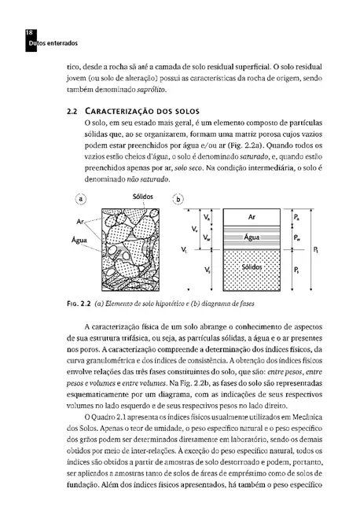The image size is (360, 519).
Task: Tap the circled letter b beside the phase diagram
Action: [x=179, y=199]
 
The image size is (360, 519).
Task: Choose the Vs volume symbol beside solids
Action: [x=207, y=270]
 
